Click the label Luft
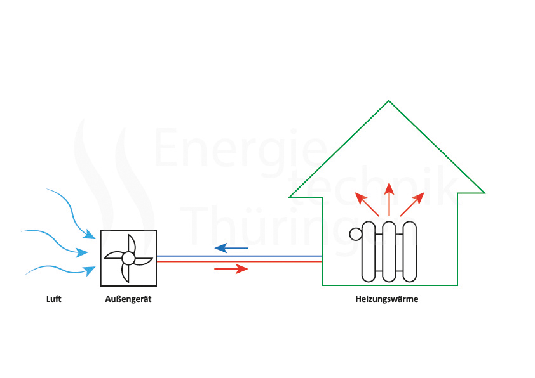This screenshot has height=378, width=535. coord(54,299)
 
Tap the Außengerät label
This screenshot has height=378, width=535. coord(128,299)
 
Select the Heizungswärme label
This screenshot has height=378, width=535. coord(386,299)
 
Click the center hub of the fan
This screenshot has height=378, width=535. coord(128,258)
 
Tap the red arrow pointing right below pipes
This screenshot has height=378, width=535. coord(231,269)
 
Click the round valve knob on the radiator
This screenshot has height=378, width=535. coord(356,235)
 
